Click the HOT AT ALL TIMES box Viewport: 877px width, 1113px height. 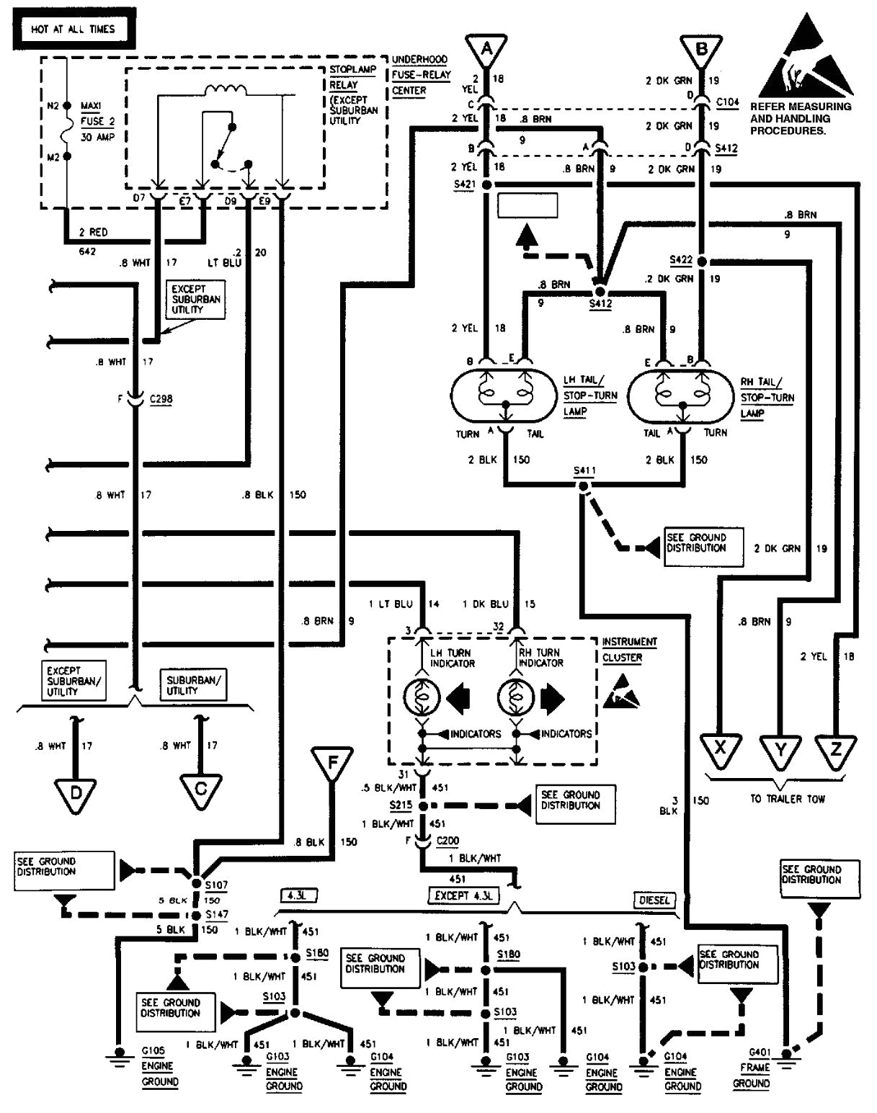73,30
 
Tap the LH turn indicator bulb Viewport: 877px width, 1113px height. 422,698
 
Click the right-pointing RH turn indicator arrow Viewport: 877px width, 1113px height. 553,698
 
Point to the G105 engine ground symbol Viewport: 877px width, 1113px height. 115,1055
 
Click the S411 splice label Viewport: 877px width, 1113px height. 584,471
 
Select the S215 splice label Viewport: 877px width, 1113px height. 401,805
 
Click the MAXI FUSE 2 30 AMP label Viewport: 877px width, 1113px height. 97,121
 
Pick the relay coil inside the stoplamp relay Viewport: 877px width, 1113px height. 226,90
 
